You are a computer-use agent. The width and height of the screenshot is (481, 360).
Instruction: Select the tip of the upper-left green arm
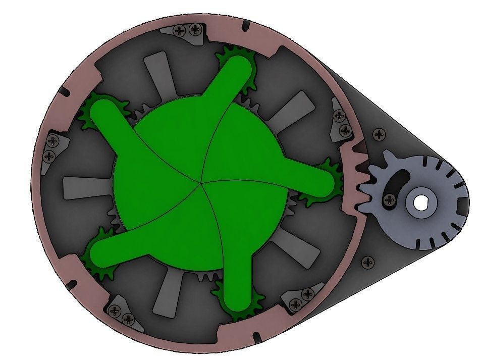click(x=101, y=112)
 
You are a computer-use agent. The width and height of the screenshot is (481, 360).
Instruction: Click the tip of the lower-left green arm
click(x=100, y=249)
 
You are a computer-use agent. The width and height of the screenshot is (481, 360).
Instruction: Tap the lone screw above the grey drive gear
click(x=379, y=134)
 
